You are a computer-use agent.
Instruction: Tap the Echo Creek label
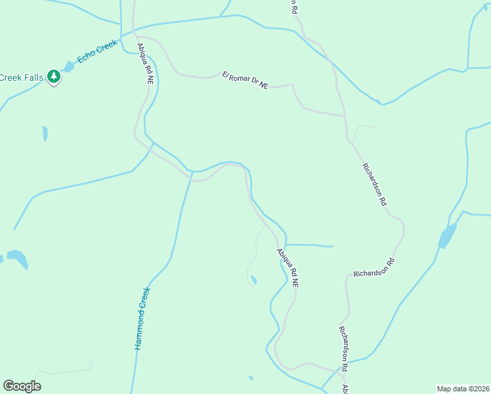[96, 52]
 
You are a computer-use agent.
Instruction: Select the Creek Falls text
[21, 77]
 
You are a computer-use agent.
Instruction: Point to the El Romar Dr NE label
[245, 80]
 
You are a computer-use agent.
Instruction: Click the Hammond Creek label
[142, 318]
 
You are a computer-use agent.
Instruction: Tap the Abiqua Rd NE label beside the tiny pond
[288, 267]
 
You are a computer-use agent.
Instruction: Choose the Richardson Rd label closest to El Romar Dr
[374, 185]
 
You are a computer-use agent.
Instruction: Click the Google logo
[22, 386]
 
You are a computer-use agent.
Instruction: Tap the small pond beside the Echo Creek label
[68, 66]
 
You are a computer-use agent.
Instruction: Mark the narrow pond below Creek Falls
[45, 133]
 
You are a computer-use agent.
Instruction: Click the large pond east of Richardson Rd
[448, 236]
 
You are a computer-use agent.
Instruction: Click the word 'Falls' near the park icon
[33, 77]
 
